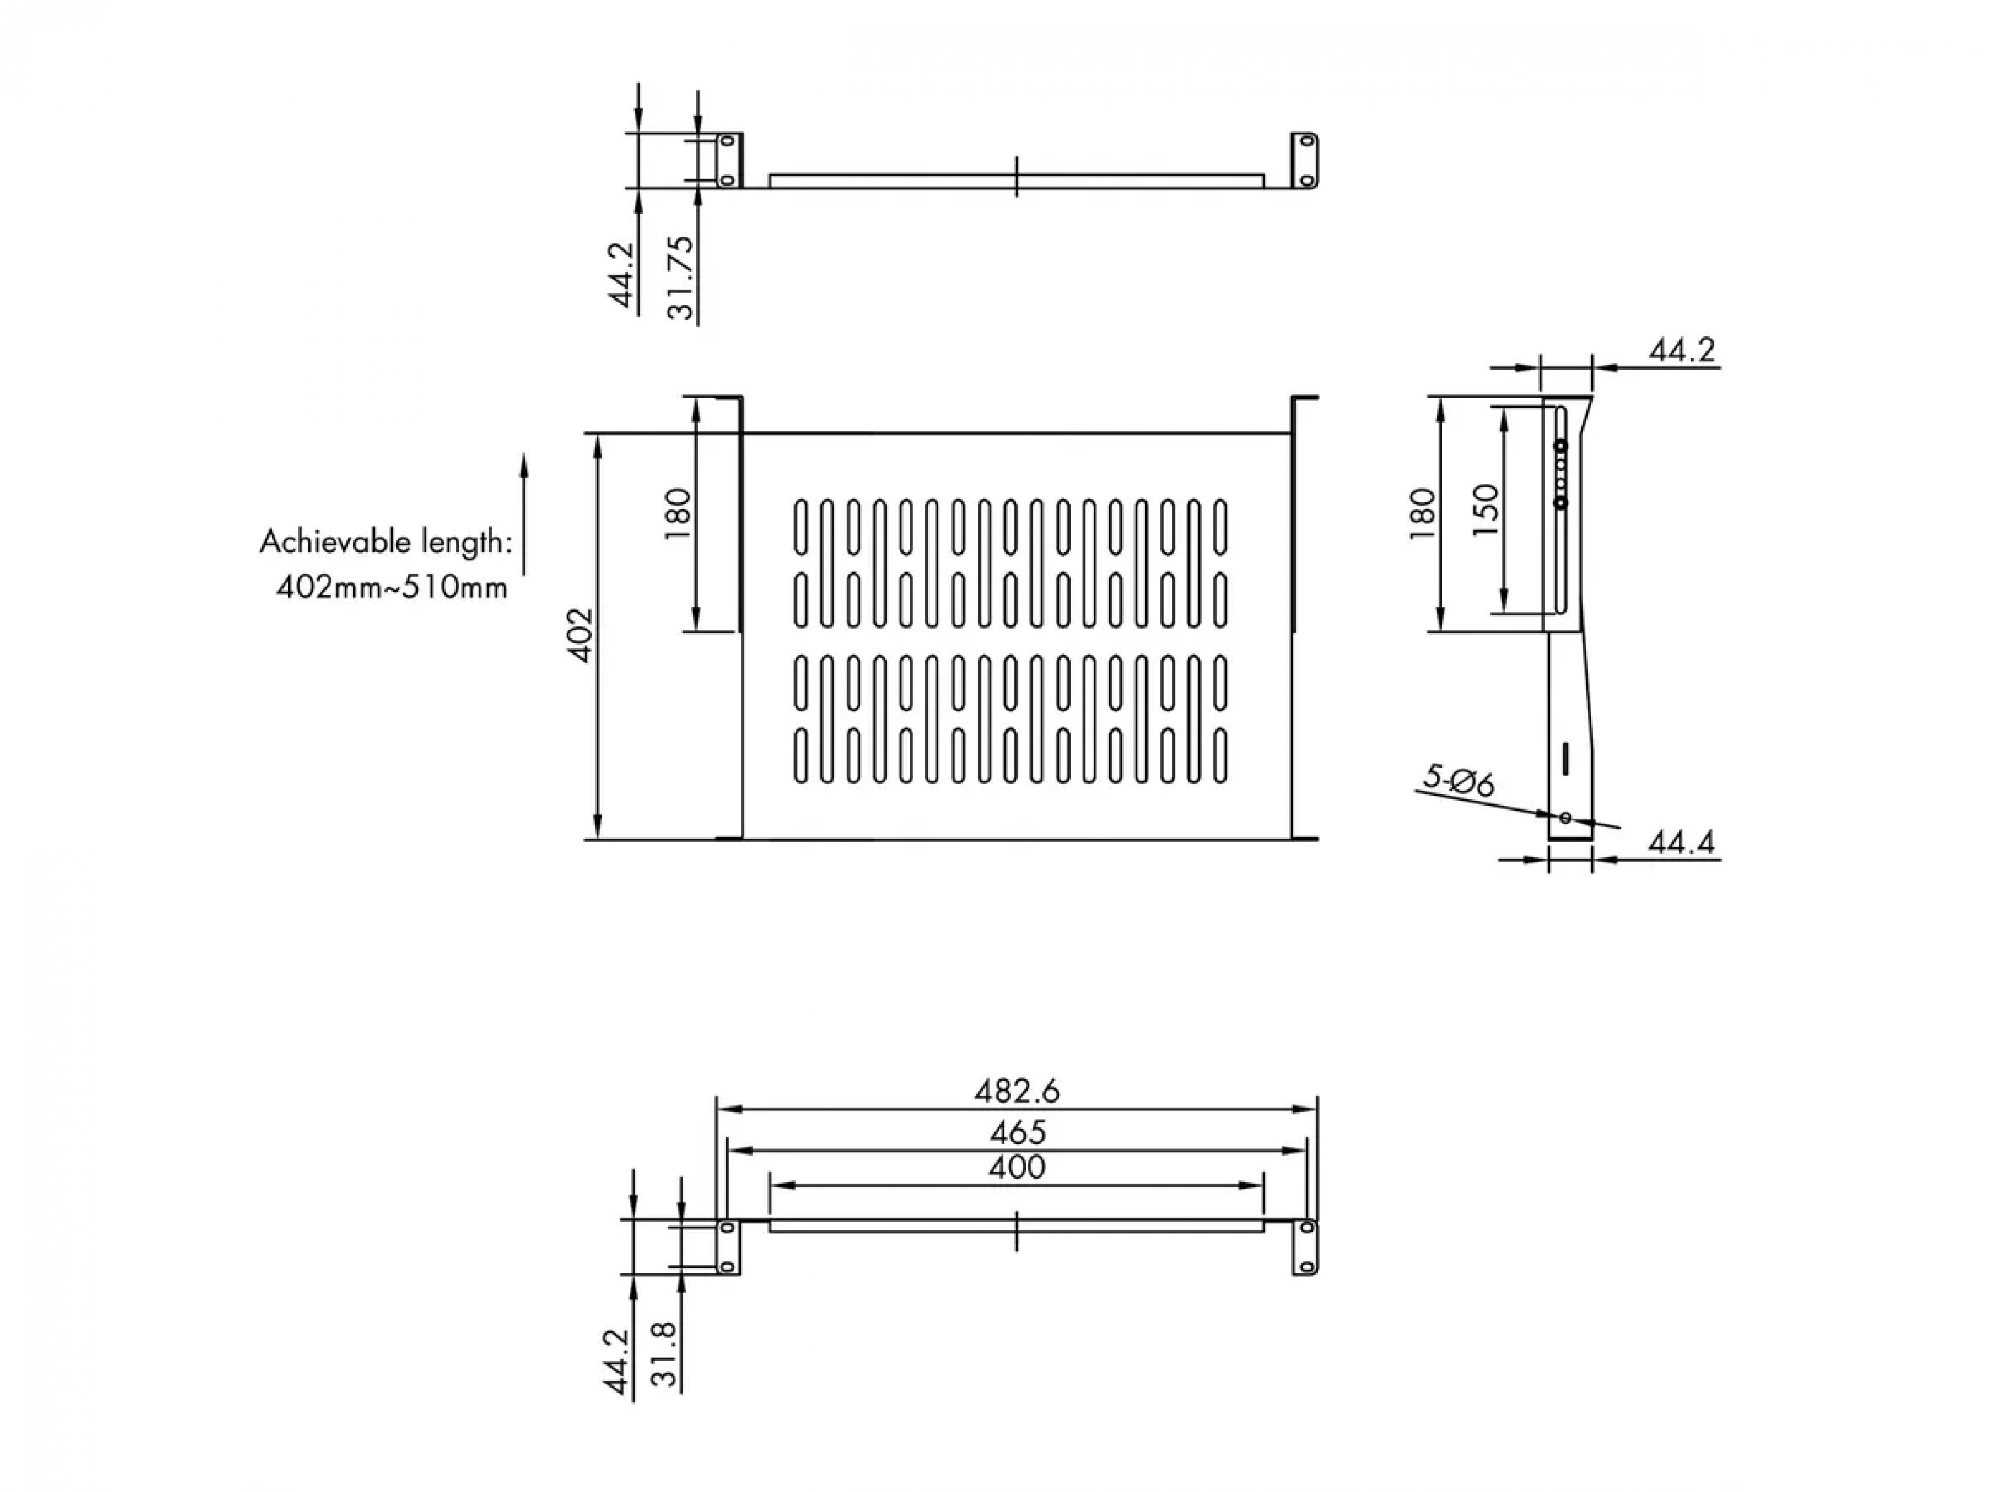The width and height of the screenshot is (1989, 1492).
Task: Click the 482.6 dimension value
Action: click(1017, 1091)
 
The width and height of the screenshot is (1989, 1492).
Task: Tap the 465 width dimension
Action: click(1017, 1132)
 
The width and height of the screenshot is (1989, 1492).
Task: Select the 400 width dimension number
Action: click(1017, 1167)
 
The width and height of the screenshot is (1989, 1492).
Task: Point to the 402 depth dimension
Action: click(582, 636)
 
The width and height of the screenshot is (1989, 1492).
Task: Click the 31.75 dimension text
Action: click(681, 277)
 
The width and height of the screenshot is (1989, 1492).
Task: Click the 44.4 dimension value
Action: click(1681, 843)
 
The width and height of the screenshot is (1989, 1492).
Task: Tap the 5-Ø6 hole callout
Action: click(1459, 781)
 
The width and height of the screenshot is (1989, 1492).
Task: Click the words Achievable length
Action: click(386, 542)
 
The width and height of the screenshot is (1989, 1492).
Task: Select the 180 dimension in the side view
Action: click(1423, 514)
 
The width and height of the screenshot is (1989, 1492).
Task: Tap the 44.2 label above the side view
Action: click(1681, 349)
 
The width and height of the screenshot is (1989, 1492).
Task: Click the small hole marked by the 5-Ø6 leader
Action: click(1566, 818)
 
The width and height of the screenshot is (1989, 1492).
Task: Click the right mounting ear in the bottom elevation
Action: click(1306, 1247)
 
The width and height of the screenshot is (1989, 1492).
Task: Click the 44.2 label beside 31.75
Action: click(622, 275)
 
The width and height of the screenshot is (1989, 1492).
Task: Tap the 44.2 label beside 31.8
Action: click(617, 1361)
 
